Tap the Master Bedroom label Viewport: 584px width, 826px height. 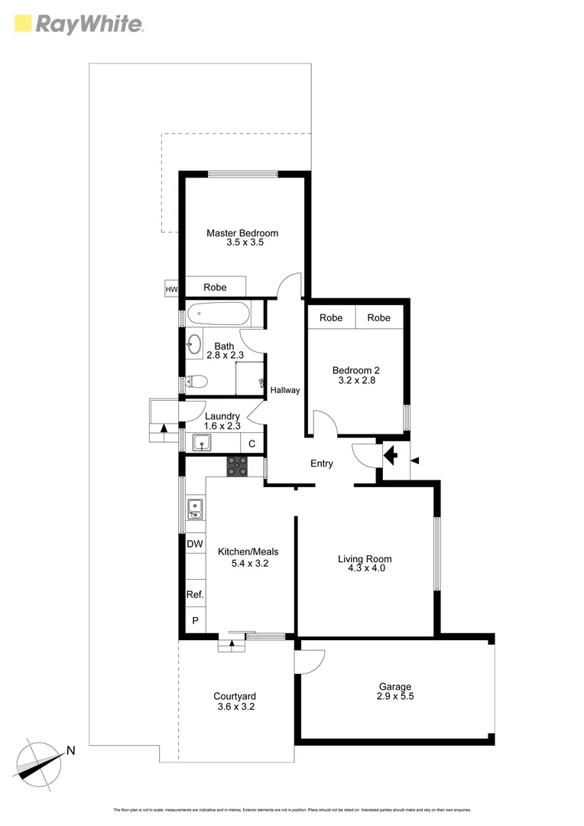click(x=242, y=233)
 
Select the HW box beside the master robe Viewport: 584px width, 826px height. click(x=170, y=288)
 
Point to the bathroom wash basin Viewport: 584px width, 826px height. click(x=193, y=344)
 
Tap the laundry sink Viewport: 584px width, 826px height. click(x=202, y=442)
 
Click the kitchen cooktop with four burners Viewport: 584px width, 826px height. click(x=237, y=466)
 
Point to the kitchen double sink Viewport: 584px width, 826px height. click(x=195, y=509)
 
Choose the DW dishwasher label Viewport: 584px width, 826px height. click(x=195, y=544)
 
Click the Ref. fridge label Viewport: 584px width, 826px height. click(x=195, y=594)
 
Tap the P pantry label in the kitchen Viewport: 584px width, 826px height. click(x=195, y=621)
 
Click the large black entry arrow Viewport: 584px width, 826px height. click(x=391, y=456)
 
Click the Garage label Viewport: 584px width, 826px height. click(x=394, y=687)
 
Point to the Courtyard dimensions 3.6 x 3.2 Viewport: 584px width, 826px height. click(x=234, y=707)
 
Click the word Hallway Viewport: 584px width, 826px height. click(x=285, y=390)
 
